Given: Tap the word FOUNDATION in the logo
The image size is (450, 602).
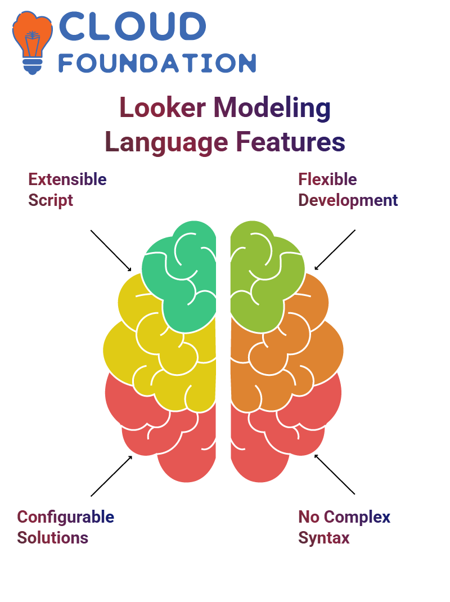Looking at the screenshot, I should pos(157,63).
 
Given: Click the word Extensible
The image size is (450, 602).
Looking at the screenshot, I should pos(67,179).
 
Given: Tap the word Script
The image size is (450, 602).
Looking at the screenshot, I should pos(51,200).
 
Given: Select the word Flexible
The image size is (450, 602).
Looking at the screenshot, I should pos(327,179).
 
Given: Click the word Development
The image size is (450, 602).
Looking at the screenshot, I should pos(348,200).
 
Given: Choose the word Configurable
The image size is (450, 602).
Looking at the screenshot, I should pos(65,516).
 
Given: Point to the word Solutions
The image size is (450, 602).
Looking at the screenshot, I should pos(52,537).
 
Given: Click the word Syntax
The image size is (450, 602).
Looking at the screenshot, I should pos(323,537).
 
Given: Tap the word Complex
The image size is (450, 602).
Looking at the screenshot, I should pos(358,516).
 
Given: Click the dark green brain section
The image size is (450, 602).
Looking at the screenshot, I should pos(180,276).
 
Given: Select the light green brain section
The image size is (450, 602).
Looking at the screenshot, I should pos(262,276).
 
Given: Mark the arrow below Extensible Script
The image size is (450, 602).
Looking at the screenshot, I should pos(111,250).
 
